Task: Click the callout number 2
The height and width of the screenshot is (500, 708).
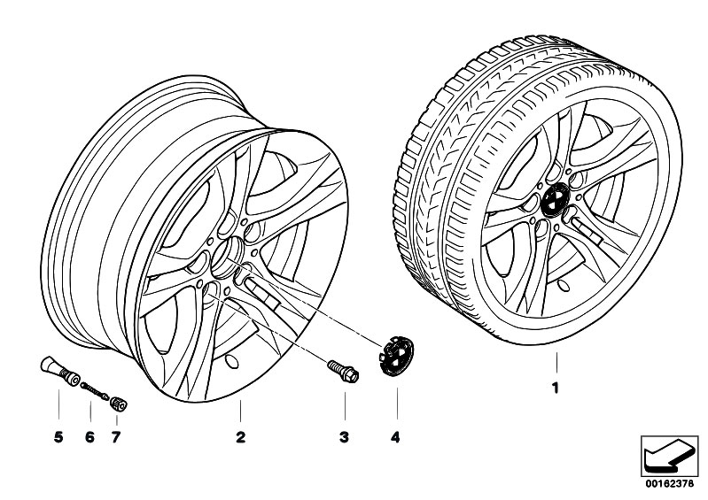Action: point(239,437)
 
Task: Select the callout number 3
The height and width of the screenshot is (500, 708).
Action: point(345,437)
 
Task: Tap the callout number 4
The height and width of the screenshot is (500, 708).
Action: point(396,437)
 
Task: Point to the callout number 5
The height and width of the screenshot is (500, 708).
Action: point(58,437)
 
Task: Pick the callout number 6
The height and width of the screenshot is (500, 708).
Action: point(89,437)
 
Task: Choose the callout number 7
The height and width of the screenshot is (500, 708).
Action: point(115,437)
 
